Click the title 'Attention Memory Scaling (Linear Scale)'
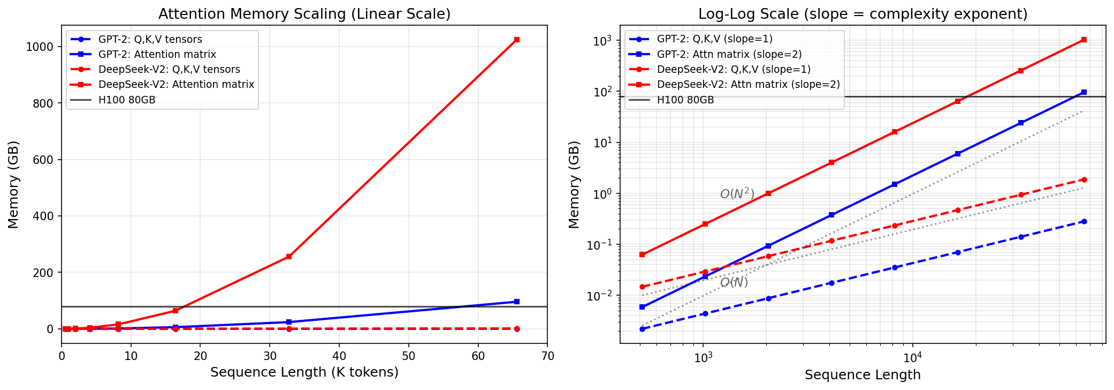[304, 14]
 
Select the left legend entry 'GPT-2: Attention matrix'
[157, 54]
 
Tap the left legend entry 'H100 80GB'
[127, 100]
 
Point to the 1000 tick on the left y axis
[40, 47]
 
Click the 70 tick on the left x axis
[547, 356]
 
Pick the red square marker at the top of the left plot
[516, 40]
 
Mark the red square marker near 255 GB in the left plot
[289, 257]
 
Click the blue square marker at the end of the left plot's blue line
[516, 302]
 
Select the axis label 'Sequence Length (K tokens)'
[304, 372]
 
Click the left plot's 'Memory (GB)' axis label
[13, 184]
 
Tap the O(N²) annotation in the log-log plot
[737, 194]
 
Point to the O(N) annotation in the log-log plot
[734, 282]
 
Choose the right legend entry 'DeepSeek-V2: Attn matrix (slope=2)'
[748, 85]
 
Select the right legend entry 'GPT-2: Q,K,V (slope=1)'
[714, 39]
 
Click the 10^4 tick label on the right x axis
[912, 358]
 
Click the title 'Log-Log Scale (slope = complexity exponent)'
[863, 14]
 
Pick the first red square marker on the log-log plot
[642, 254]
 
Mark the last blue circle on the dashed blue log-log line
[1084, 221]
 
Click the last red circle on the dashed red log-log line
[1084, 179]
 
